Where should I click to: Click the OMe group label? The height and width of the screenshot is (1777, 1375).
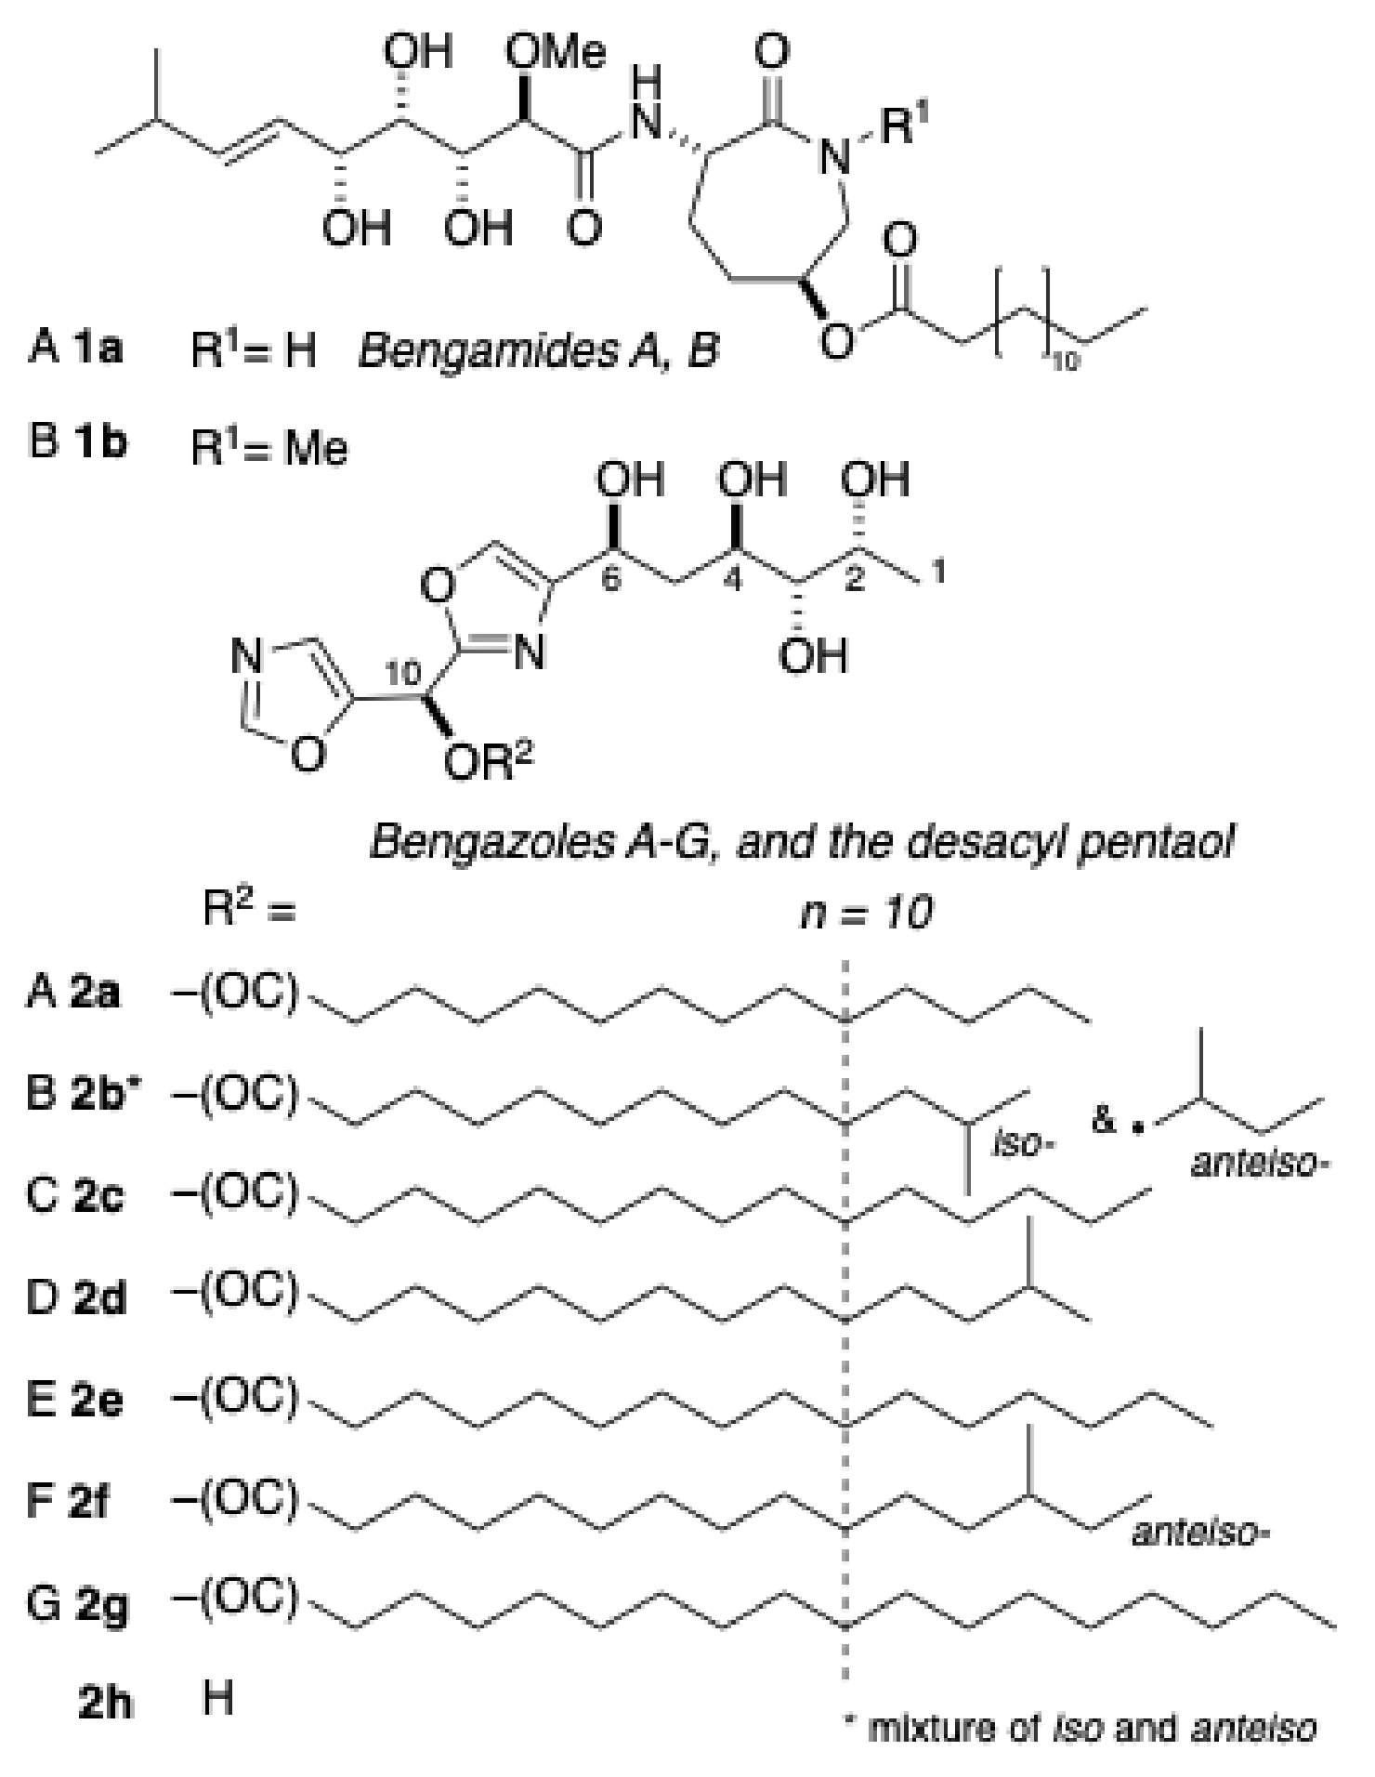(555, 52)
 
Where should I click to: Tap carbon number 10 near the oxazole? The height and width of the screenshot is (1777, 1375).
(404, 676)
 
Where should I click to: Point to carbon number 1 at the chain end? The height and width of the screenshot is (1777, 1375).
(939, 573)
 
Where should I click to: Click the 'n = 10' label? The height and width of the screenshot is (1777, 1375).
(866, 915)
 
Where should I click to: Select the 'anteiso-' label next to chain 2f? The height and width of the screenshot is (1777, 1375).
(1199, 1533)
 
